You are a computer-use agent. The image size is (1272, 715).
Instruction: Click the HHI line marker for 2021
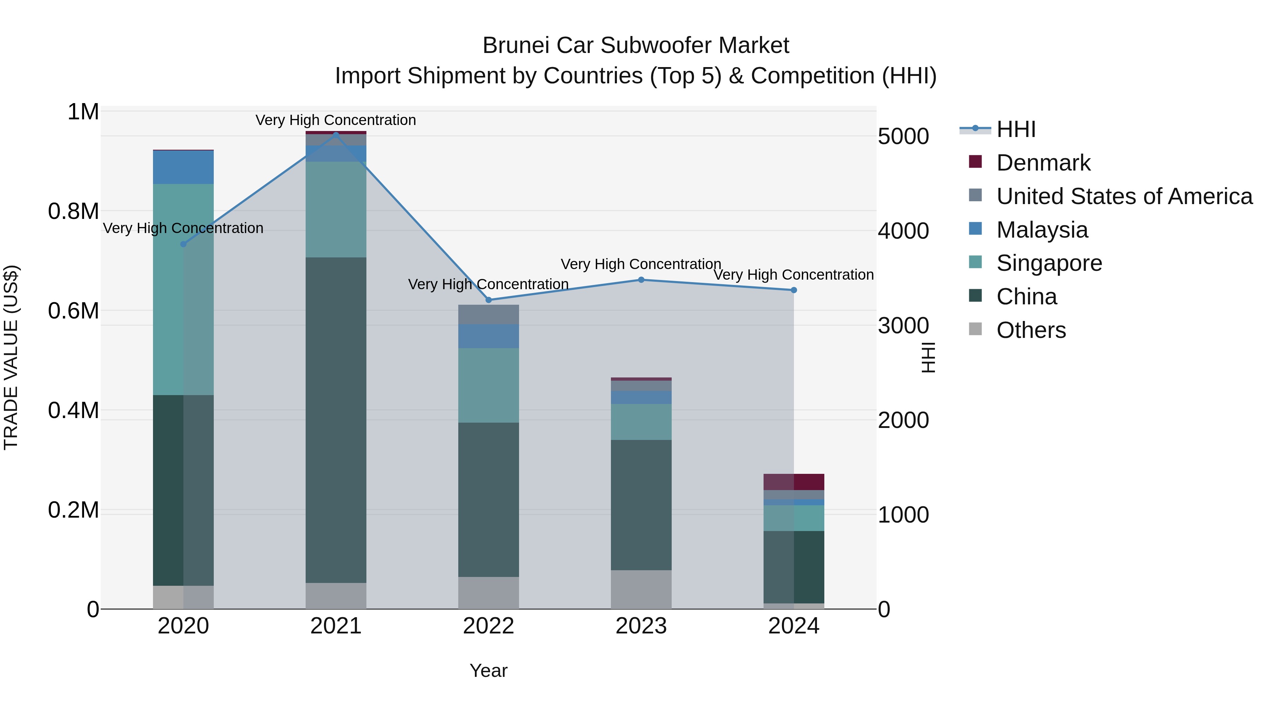tap(336, 134)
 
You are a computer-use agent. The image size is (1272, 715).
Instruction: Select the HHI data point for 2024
tap(794, 290)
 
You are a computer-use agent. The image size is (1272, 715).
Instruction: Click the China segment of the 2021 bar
tap(336, 419)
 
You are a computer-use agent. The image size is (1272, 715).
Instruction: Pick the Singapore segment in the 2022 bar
tap(488, 385)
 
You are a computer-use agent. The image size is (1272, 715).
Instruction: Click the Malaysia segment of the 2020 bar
tap(183, 167)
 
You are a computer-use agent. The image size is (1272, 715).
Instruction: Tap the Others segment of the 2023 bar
tap(641, 589)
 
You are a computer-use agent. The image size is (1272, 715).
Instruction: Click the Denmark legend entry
tap(1043, 163)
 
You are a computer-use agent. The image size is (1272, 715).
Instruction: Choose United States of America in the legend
tap(1124, 196)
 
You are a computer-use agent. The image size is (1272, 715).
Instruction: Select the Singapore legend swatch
tap(975, 262)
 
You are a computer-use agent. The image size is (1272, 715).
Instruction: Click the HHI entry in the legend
tap(1016, 129)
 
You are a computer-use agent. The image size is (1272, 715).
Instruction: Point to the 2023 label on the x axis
tap(641, 626)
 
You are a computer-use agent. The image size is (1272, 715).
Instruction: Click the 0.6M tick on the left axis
tap(73, 311)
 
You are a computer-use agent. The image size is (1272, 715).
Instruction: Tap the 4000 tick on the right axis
tap(903, 231)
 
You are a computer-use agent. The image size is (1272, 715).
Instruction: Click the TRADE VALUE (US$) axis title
tap(11, 357)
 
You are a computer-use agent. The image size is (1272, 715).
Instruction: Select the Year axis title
tap(488, 671)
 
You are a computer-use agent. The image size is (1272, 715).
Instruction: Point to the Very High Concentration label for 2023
tap(641, 264)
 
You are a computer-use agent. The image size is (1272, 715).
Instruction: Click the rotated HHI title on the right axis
tap(928, 357)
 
